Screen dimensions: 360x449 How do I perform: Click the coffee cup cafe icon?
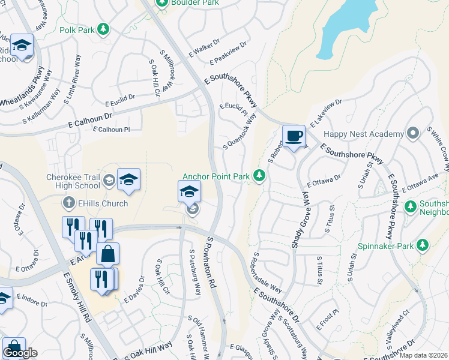[293, 136]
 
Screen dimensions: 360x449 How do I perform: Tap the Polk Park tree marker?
[103, 29]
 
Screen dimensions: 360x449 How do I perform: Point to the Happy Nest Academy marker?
[412, 133]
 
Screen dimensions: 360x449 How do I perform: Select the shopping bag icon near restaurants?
[107, 254]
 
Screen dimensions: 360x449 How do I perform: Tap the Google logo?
[20, 353]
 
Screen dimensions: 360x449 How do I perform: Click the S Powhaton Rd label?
[211, 262]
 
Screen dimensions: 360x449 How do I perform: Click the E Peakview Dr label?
[228, 53]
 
